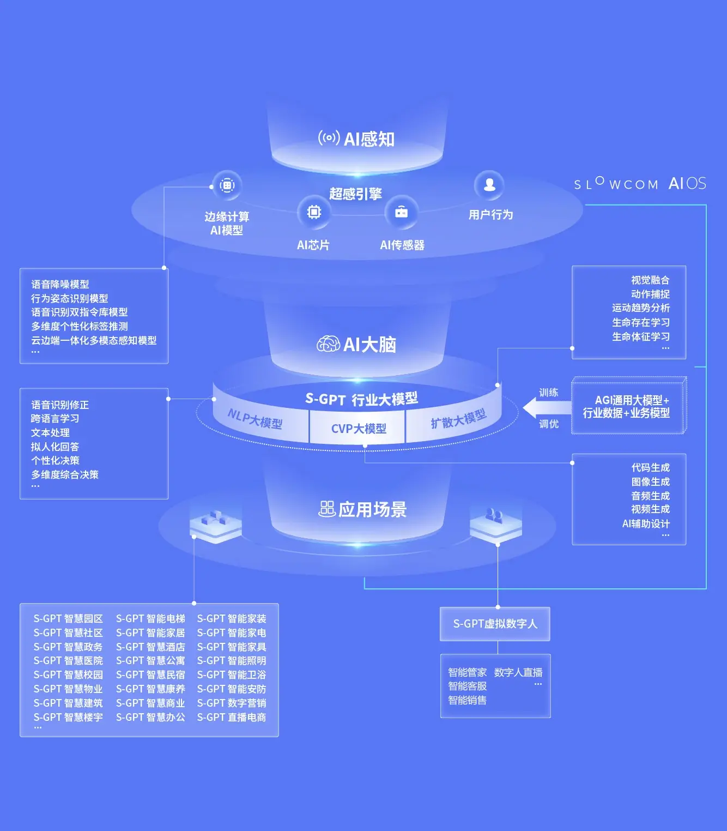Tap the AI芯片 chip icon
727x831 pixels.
click(314, 212)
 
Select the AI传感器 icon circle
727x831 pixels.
click(401, 212)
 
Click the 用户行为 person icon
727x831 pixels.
click(489, 185)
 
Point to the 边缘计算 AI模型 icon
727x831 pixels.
click(227, 185)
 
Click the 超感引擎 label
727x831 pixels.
click(355, 194)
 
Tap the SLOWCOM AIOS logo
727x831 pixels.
click(640, 184)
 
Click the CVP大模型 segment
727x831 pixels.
click(358, 429)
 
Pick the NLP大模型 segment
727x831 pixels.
click(255, 419)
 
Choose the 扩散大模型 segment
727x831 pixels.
click(458, 419)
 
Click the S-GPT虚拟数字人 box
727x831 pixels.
click(495, 624)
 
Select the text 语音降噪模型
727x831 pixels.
click(60, 285)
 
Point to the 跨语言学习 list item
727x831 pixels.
click(55, 419)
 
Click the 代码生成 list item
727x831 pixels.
click(650, 468)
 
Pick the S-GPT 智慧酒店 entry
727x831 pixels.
click(150, 647)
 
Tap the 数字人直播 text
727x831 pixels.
click(518, 673)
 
